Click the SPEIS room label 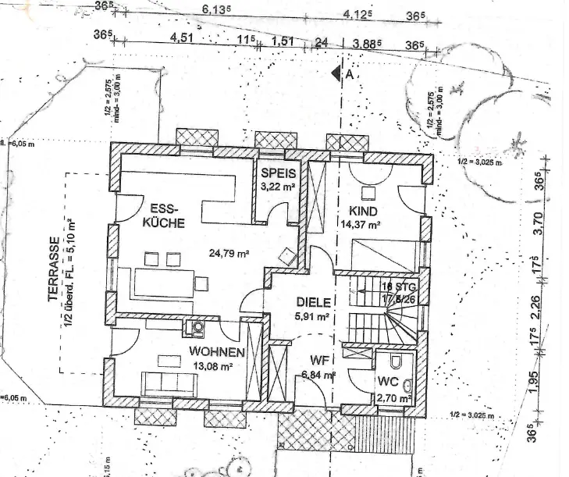tap(278, 173)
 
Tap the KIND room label tap(363, 212)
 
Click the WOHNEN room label tap(211, 352)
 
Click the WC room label tap(389, 383)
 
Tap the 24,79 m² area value tap(229, 254)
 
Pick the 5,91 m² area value tap(310, 317)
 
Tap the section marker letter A tap(350, 75)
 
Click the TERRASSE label tap(53, 269)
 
